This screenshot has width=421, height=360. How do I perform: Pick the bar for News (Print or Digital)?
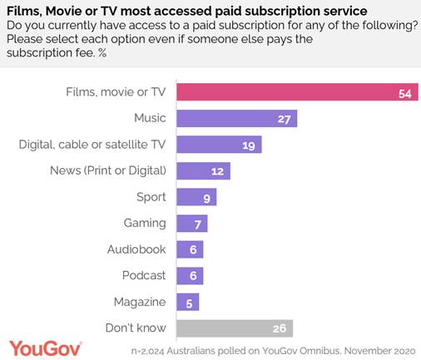pyautogui.click(x=203, y=171)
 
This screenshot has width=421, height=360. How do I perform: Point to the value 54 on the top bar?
pyautogui.click(x=405, y=93)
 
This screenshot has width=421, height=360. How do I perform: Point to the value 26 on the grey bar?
pyautogui.click(x=281, y=328)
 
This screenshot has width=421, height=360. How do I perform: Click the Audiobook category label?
pyautogui.click(x=136, y=249)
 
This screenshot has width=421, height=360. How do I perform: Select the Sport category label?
pyautogui.click(x=151, y=197)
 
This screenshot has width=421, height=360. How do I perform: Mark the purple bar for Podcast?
pyautogui.click(x=189, y=275)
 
